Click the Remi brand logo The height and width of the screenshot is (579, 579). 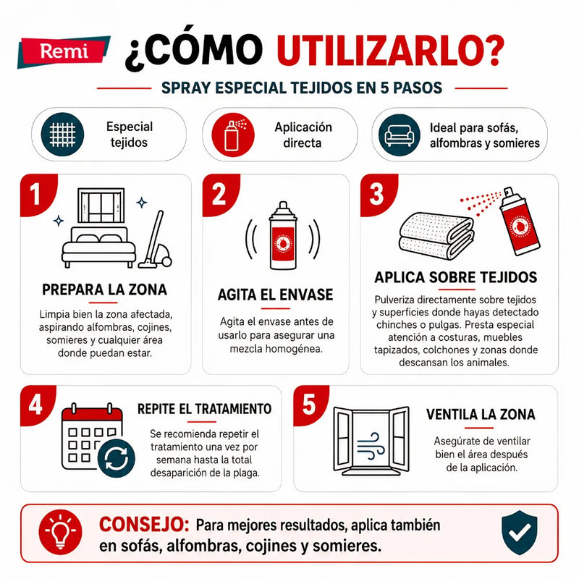(x=64, y=51)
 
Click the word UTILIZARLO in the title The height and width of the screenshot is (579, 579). (x=391, y=49)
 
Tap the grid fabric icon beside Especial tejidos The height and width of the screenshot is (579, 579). (x=62, y=135)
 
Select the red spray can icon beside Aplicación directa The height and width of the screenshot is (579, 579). (x=233, y=135)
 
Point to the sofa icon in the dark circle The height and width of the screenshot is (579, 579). (x=400, y=135)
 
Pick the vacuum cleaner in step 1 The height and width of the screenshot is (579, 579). (x=156, y=240)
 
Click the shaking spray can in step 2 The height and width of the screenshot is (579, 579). (x=283, y=236)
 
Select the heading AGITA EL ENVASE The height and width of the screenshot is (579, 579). (x=275, y=295)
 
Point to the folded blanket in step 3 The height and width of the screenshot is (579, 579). (x=436, y=236)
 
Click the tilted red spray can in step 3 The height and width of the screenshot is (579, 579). (x=518, y=221)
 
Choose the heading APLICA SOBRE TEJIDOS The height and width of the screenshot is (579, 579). (x=456, y=277)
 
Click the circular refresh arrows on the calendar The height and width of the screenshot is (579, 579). (x=117, y=458)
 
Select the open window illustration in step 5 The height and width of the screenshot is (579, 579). (x=371, y=441)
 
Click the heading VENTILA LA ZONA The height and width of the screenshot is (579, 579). (x=481, y=414)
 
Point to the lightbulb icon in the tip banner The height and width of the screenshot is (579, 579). (x=60, y=532)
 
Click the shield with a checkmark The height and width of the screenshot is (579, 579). (x=519, y=533)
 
